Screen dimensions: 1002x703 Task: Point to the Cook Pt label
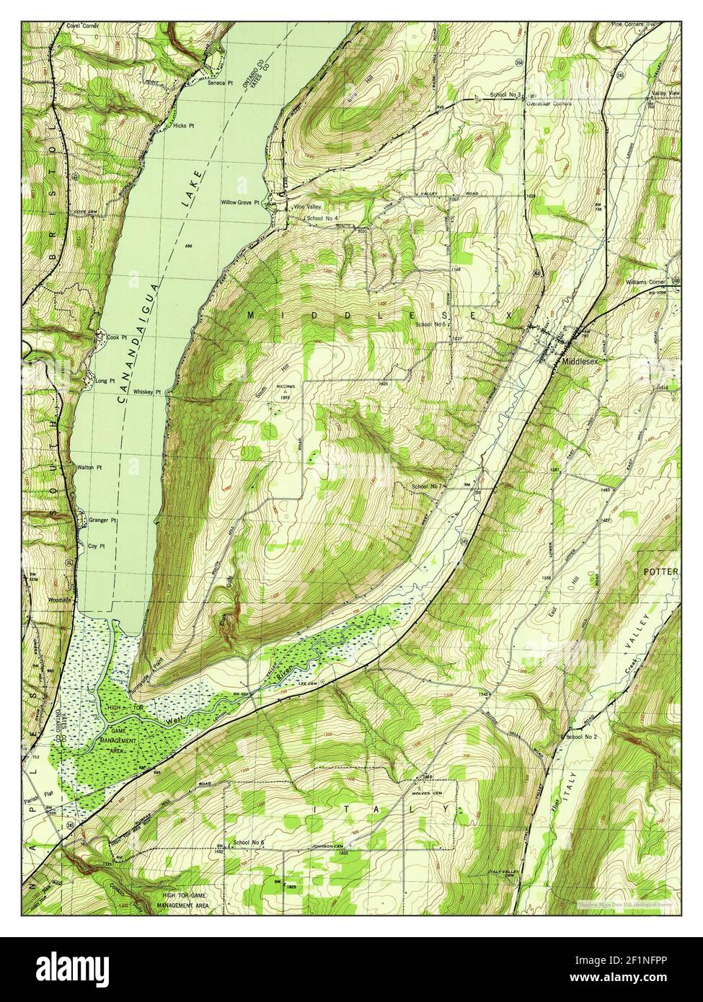pos(107,337)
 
